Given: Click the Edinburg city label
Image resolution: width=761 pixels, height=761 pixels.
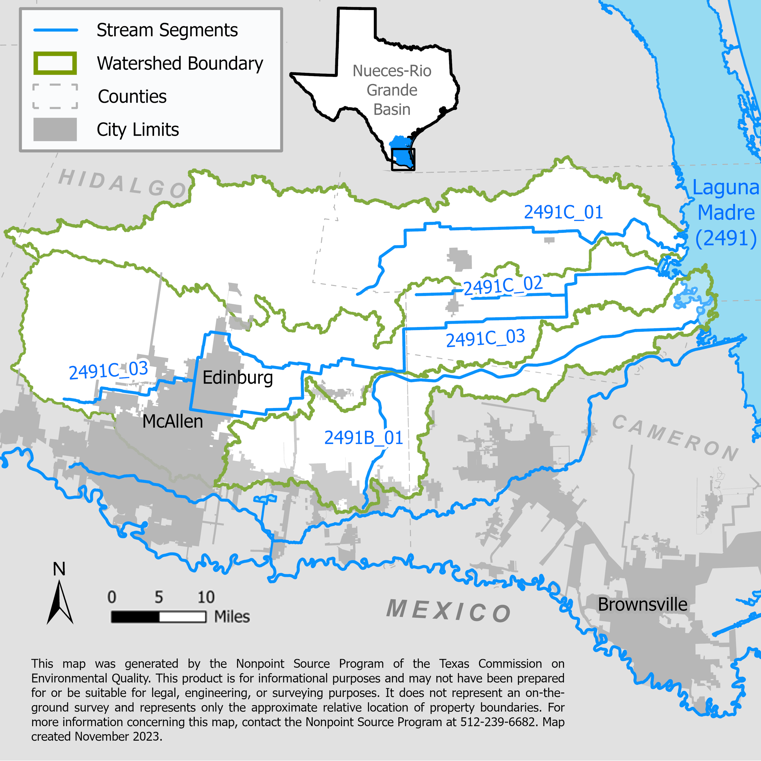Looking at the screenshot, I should [x=237, y=377].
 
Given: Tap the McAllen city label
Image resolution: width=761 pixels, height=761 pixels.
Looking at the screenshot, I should [x=172, y=422].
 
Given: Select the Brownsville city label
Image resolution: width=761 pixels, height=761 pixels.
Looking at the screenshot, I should [x=642, y=604].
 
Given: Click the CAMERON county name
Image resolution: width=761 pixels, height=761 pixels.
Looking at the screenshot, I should [x=675, y=438].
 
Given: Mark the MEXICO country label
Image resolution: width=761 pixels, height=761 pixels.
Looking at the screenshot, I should [x=449, y=611].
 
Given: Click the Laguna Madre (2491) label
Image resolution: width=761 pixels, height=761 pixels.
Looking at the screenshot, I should [x=726, y=213].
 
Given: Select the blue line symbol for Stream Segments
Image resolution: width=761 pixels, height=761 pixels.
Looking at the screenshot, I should [x=56, y=30].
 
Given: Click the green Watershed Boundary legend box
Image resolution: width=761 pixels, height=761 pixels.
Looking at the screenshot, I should [x=55, y=63].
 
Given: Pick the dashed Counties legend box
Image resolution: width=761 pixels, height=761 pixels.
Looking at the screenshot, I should [x=55, y=96].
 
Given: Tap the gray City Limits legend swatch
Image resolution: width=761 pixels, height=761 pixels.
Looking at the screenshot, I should [x=55, y=129].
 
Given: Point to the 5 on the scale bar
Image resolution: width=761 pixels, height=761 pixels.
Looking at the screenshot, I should [x=159, y=597].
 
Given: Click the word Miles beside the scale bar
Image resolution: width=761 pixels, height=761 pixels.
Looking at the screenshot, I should [x=232, y=617].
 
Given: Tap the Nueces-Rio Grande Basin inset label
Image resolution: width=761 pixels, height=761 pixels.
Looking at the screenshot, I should [x=392, y=90].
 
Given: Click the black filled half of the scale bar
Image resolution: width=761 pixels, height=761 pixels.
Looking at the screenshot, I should [x=135, y=617].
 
